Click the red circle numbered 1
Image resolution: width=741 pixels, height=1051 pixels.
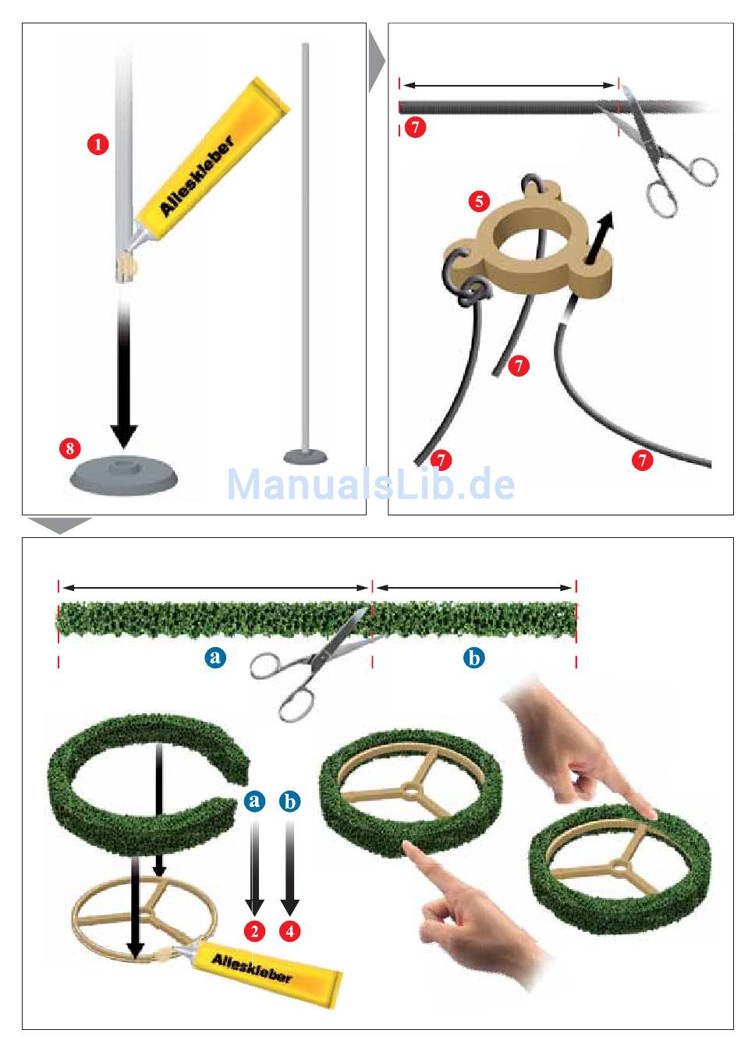pos(97,144)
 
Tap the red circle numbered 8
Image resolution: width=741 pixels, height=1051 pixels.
pos(70,448)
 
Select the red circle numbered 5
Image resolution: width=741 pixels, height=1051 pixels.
pos(479,201)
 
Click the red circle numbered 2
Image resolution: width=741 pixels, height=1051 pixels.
pos(255,930)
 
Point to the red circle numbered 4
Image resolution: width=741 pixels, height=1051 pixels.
pos(289,930)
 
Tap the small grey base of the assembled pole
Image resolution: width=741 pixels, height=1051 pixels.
pos(306,456)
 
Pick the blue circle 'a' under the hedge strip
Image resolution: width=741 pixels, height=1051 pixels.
pos(215,656)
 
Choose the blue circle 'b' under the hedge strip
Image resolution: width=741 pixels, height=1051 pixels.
pos(474,658)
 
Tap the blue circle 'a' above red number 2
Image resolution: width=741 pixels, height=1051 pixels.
pos(254,801)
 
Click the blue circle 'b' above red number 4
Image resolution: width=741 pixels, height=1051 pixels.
pos(289,802)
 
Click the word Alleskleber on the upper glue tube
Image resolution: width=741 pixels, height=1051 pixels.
pos(197,176)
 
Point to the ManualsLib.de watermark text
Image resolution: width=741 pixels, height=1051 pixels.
pos(370,484)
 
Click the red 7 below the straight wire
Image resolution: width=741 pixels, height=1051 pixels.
pos(415,126)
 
